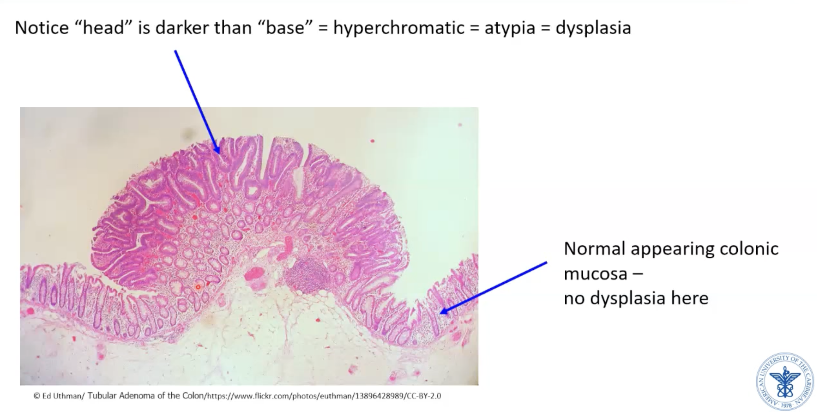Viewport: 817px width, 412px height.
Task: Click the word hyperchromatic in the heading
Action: coord(399,28)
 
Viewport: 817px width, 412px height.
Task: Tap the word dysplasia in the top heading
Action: coord(593,28)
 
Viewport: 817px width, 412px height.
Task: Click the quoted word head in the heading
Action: coord(104,27)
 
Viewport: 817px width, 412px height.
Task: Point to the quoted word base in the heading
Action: coord(285,27)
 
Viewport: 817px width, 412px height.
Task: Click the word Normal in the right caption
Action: coord(595,249)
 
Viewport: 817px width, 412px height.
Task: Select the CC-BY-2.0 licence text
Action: coord(424,396)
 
